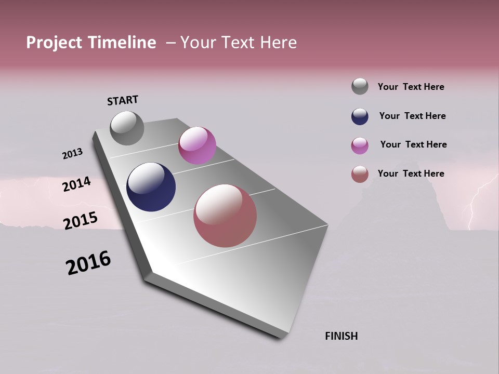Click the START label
point(123,100)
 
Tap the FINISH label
point(341,336)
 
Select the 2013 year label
point(72,154)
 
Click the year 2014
point(76,184)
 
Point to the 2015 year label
point(80,221)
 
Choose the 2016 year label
point(88,263)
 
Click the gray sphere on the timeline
point(127,128)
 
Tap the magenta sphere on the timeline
point(197,145)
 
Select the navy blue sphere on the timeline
point(151,187)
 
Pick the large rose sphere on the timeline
point(225,216)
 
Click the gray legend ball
point(360,86)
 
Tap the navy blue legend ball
point(360,116)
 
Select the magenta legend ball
point(360,145)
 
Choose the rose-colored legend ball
point(360,174)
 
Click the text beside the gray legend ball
point(411,87)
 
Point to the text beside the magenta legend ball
point(413,144)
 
